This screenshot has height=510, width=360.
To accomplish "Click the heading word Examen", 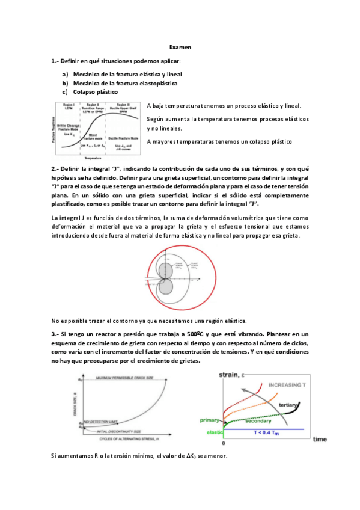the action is [x=180, y=46].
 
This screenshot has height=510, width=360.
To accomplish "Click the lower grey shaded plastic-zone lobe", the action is [x=166, y=287].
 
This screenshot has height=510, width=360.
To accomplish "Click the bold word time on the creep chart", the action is [x=319, y=439].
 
